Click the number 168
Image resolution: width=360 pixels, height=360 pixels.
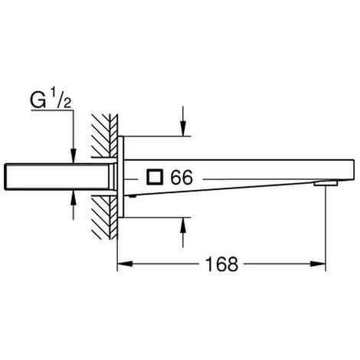click(221, 264)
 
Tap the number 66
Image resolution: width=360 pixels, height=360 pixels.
click(182, 177)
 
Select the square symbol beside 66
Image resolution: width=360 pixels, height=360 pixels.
click(155, 177)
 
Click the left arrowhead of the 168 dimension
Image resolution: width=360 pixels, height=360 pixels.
click(125, 263)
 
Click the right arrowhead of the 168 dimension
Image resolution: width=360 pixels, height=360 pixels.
click(318, 263)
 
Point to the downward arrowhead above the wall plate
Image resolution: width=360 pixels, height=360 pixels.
click(183, 129)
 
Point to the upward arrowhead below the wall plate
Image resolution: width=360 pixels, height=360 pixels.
click(183, 225)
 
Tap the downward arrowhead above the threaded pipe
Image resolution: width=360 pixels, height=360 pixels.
click(74, 155)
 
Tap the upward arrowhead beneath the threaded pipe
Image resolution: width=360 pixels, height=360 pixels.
click(74, 198)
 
